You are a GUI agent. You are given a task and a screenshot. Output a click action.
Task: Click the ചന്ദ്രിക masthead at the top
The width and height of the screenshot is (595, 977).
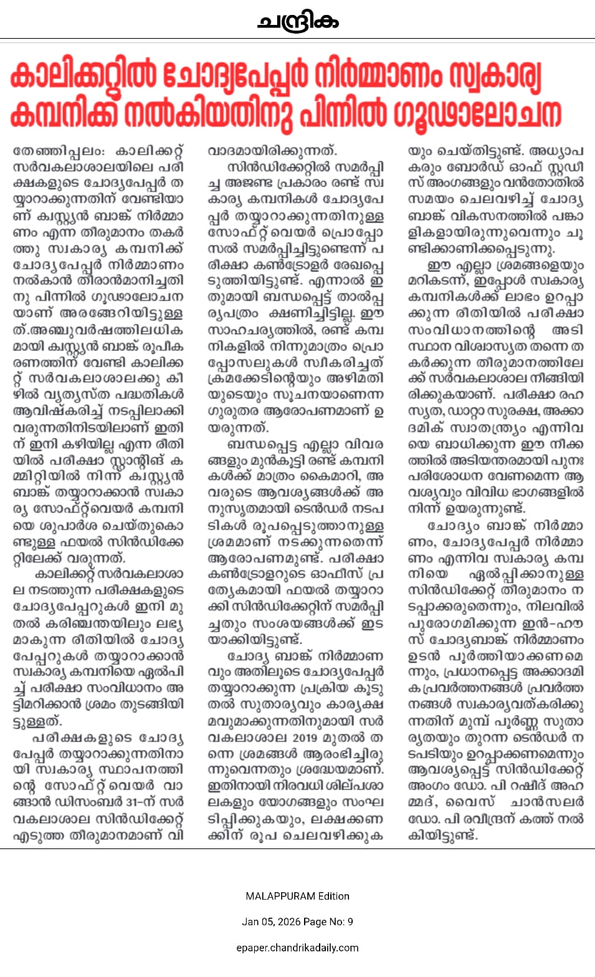[x=298, y=22]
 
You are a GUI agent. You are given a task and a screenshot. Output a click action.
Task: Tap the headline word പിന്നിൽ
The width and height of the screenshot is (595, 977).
[x=345, y=114]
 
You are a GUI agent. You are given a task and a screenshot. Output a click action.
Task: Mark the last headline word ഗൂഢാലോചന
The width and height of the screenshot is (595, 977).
[x=478, y=114]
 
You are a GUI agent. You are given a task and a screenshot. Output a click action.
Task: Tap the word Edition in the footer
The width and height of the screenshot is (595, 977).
[x=333, y=897]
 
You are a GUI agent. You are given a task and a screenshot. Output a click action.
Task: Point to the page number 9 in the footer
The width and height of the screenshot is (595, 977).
[x=350, y=922]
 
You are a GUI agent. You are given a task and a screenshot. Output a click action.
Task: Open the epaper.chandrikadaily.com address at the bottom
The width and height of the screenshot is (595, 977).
[x=297, y=948]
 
